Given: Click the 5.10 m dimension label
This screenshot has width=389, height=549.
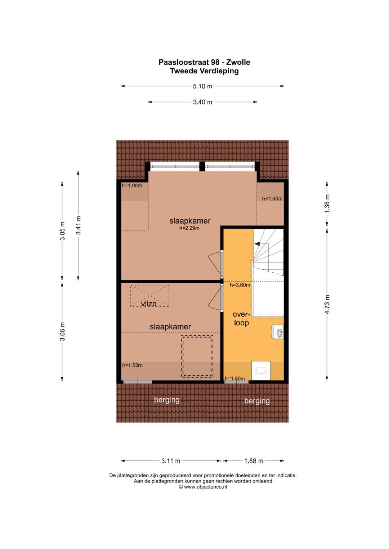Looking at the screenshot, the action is click(202, 86).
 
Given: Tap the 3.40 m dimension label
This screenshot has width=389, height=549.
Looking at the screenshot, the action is click(202, 102).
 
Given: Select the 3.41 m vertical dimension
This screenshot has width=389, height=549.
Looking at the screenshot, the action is click(79, 225).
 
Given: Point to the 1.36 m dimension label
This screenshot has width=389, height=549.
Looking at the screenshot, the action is click(327, 203).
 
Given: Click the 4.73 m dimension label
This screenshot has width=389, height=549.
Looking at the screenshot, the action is click(327, 304).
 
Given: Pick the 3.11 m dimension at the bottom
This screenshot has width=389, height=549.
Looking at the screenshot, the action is click(171, 461).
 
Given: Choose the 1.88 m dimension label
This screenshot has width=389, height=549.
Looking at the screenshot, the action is click(254, 461).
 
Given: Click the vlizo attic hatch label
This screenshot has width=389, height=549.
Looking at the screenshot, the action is click(148, 304).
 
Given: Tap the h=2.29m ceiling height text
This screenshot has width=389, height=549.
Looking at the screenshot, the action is click(189, 228).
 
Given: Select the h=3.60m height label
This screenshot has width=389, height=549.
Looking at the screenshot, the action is click(240, 285).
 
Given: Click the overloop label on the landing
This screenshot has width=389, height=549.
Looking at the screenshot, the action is click(242, 319).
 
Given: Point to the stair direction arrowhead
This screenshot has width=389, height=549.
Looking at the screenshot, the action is click(258, 244).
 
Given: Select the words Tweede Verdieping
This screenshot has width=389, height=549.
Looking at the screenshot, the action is click(204, 71).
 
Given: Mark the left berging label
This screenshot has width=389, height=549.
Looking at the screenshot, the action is click(167, 400).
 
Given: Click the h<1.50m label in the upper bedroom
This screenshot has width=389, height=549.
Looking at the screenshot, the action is click(272, 198).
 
